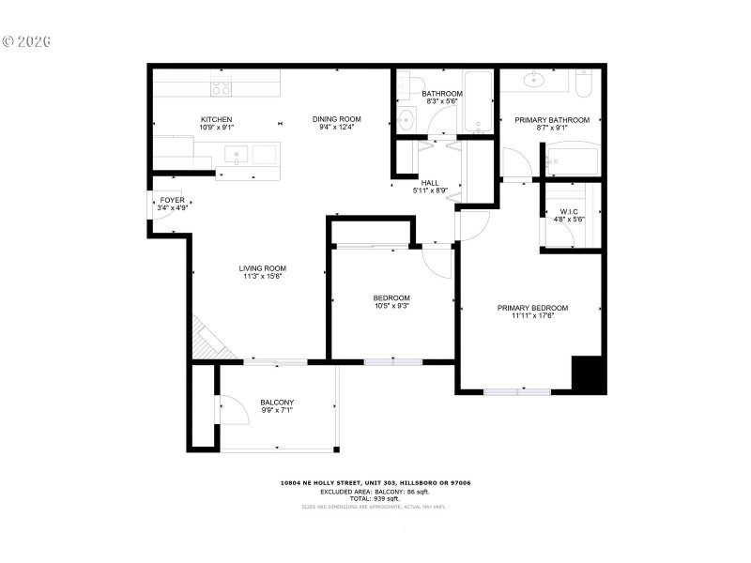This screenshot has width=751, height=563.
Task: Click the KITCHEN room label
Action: click(216, 119)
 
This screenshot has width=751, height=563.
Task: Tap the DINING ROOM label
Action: click(336, 119)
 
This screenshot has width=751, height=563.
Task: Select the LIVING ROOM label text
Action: click(262, 268)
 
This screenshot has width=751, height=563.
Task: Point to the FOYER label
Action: click(172, 200)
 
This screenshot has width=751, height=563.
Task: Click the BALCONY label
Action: click(277, 403)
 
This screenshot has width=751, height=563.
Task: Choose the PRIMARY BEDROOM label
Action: click(532, 308)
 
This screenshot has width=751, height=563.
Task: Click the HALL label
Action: click(430, 183)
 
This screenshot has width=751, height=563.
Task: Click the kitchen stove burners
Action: click(222, 88)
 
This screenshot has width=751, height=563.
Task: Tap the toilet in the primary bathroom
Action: click(584, 86)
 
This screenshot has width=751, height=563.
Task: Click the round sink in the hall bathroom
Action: click(406, 120)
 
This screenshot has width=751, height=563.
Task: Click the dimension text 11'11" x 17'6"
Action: click(532, 316)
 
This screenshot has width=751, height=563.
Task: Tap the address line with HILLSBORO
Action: click(375, 482)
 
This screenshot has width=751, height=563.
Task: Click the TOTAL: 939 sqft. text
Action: click(375, 498)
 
